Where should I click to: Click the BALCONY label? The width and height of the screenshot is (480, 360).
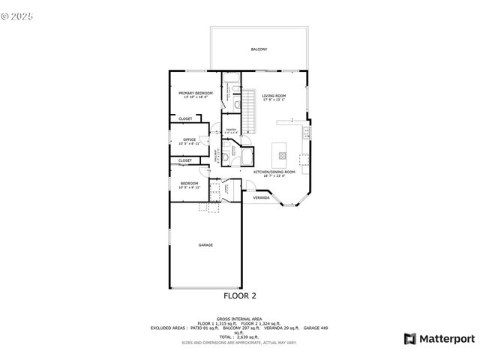pyautogui.click(x=259, y=49)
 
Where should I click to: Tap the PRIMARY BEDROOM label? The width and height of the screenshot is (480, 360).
pyautogui.click(x=195, y=93)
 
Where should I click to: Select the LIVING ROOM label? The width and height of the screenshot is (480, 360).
pyautogui.click(x=274, y=95)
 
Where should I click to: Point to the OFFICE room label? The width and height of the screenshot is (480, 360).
pyautogui.click(x=189, y=139)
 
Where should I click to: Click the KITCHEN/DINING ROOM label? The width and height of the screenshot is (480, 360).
pyautogui.click(x=274, y=172)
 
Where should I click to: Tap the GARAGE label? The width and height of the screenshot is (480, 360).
pyautogui.click(x=205, y=245)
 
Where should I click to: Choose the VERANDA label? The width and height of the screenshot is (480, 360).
pyautogui.click(x=261, y=198)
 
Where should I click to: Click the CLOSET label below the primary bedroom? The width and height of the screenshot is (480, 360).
pyautogui.click(x=184, y=118)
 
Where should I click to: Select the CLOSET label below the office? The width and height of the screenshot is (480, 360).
pyautogui.click(x=184, y=160)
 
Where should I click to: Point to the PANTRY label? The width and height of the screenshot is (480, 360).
pyautogui.click(x=231, y=130)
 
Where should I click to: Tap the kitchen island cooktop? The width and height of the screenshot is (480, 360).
pyautogui.click(x=283, y=156)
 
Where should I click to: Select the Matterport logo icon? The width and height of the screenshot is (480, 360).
pyautogui.click(x=409, y=339)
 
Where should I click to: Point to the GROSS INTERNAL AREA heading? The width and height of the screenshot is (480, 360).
pyautogui.click(x=239, y=318)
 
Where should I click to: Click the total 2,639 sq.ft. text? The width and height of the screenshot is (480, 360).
pyautogui.click(x=239, y=337)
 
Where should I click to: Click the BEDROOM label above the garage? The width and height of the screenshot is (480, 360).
pyautogui.click(x=189, y=183)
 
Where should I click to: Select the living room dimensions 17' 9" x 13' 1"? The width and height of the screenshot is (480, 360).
pyautogui.click(x=274, y=100)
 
